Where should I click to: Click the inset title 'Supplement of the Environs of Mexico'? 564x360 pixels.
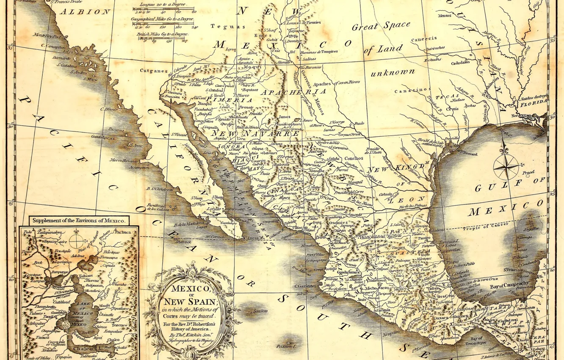point(79,221)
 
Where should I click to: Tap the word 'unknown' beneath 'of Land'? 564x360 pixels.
point(393,72)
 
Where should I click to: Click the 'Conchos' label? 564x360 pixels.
point(354,158)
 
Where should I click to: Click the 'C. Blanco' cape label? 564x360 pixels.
point(109,109)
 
